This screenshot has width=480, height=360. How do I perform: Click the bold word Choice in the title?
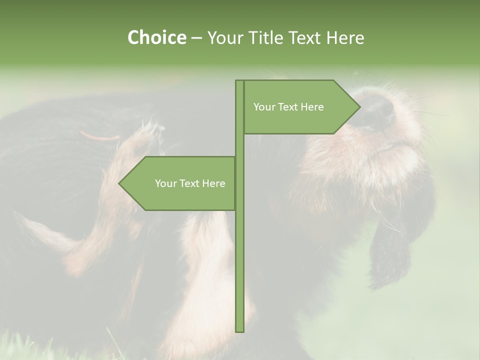coord(156,37)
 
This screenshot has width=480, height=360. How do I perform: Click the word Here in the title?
coord(345,37)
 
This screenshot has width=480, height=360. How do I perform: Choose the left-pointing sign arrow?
coord(180,183)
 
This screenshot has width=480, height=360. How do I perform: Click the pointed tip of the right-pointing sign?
coord(358,107)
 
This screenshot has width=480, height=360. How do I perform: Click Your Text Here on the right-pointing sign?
coord(288,107)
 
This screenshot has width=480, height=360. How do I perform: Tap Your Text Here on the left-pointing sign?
coord(190,183)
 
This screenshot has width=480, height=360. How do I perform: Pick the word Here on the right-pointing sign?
coord(312,107)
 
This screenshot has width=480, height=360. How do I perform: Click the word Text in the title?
coord(303,37)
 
